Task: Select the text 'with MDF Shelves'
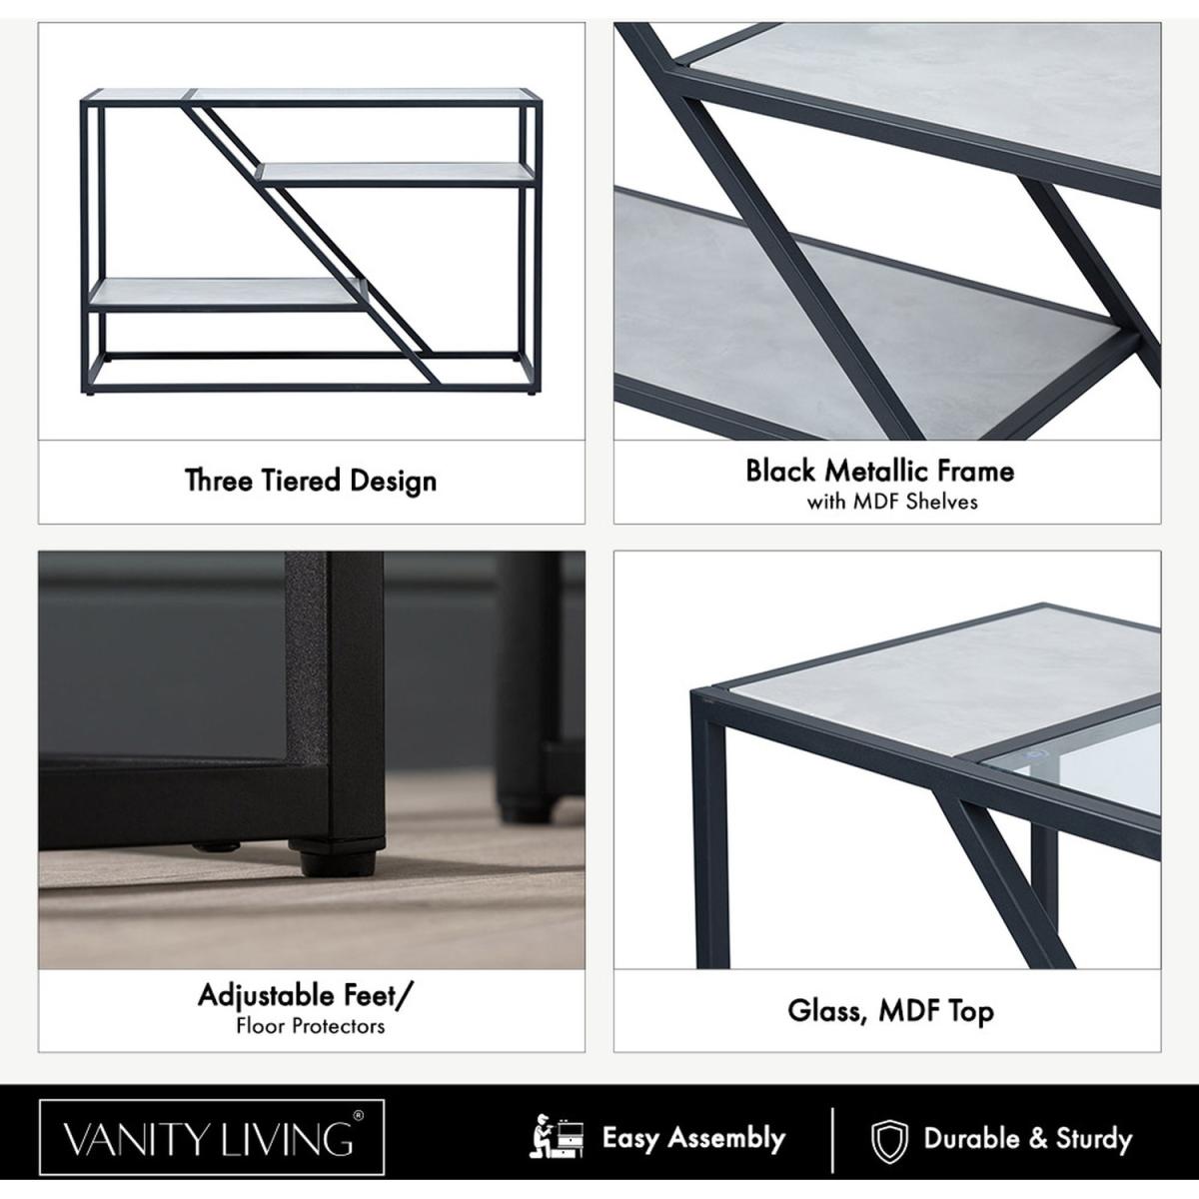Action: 892,503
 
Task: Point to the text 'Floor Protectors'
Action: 311,1026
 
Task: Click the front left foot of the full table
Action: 93,391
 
